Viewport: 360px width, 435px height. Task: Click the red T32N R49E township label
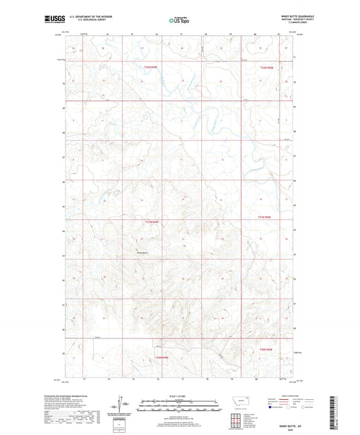tap(150, 67)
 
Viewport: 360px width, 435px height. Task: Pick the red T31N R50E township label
tap(265, 217)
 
